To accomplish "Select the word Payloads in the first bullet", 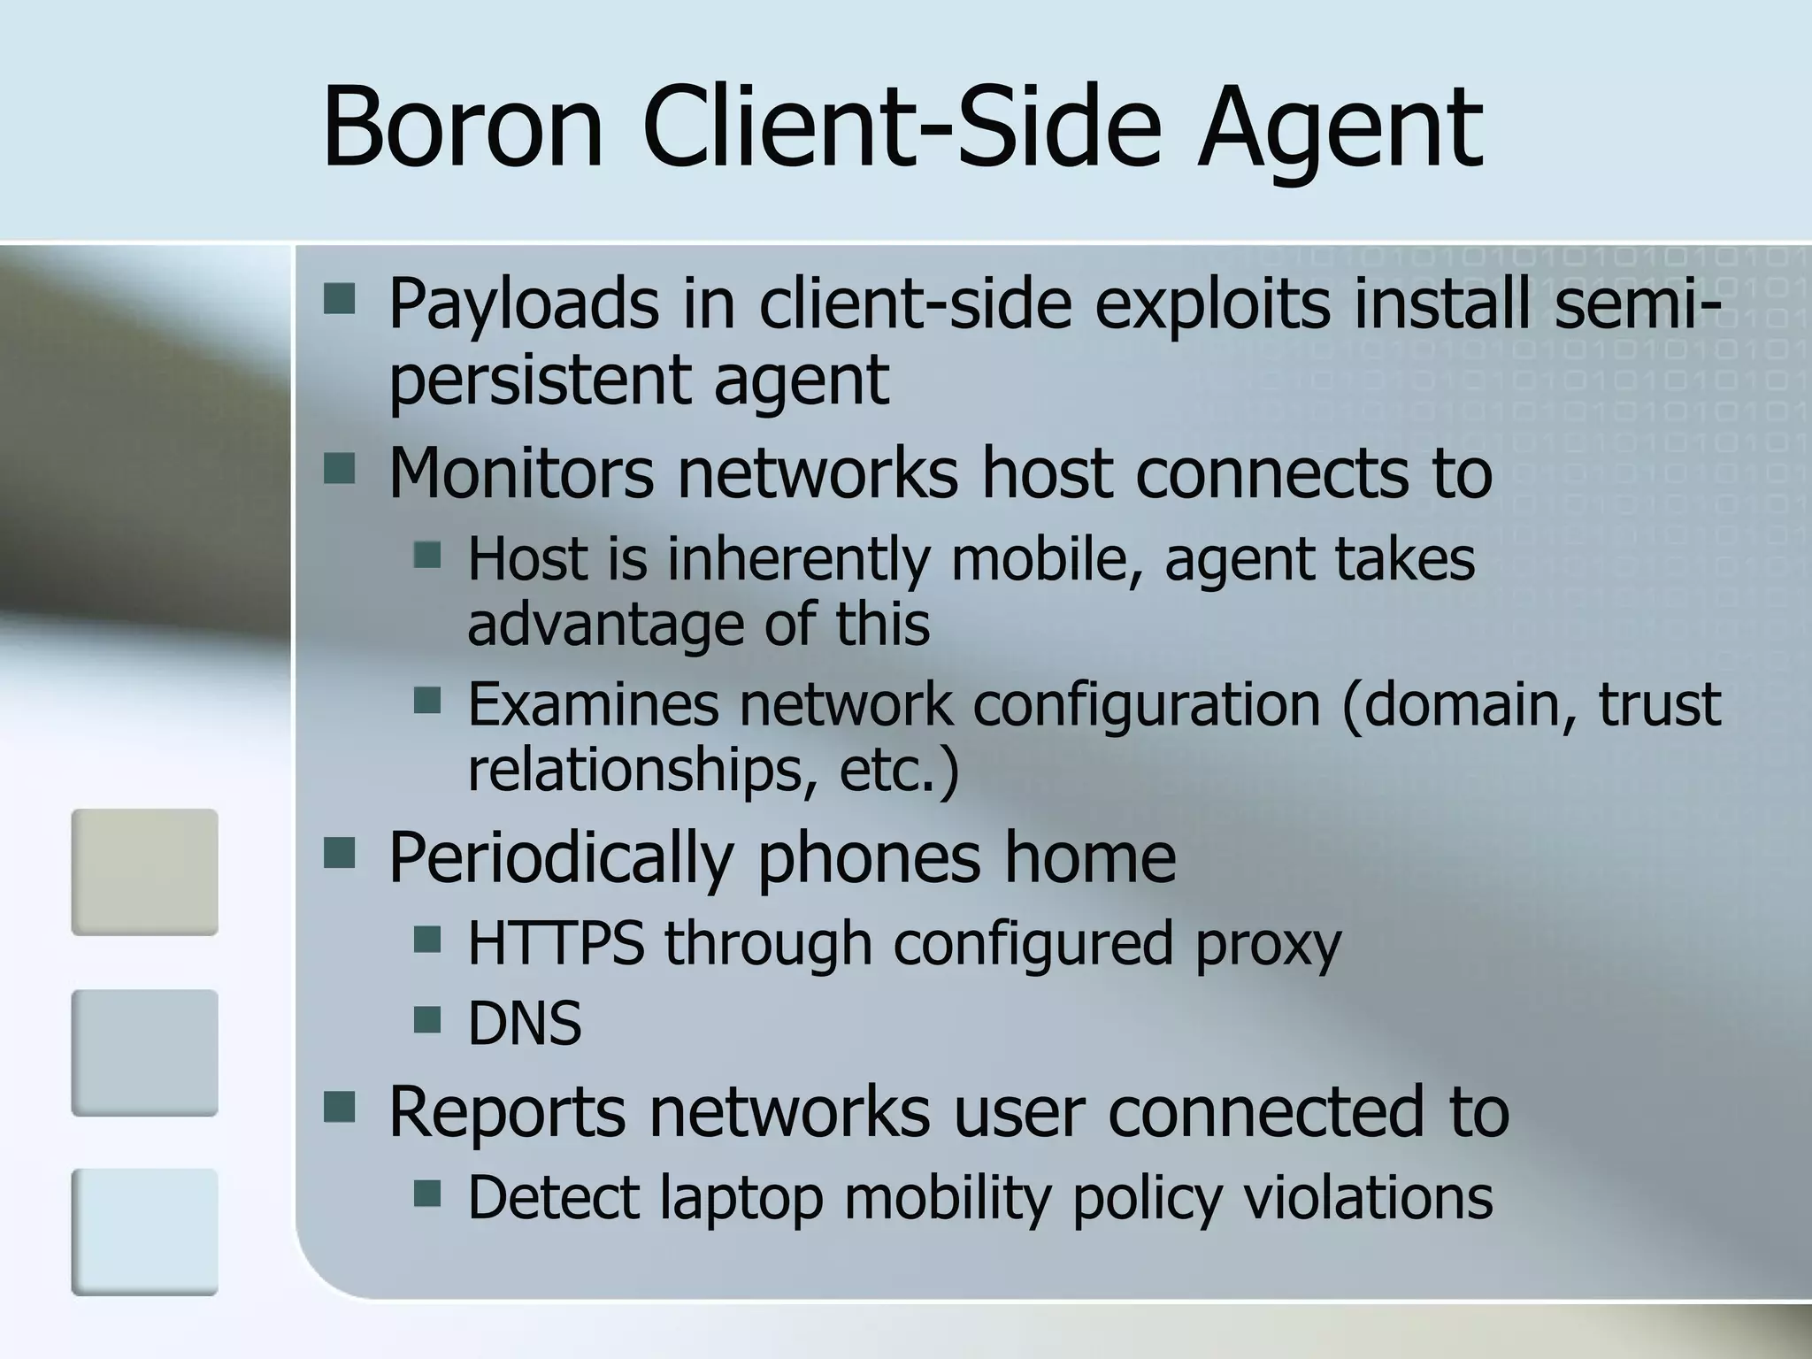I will tap(523, 304).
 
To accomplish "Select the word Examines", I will tap(593, 704).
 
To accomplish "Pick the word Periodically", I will tap(561, 859).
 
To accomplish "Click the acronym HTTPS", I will tap(556, 943).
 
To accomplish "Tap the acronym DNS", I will tap(525, 1024).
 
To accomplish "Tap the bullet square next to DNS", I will tap(426, 1020).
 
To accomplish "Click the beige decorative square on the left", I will tap(144, 871).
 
